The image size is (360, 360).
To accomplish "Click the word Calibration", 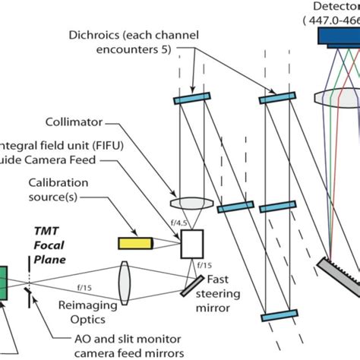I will [x=57, y=183].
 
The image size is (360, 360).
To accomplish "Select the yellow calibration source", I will [x=134, y=243].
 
